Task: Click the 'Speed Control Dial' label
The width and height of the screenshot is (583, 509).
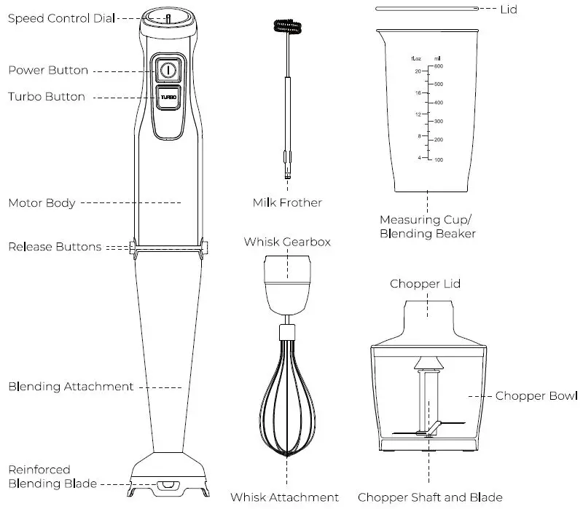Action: pyautogui.click(x=61, y=18)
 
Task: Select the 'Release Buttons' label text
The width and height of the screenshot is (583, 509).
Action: pyautogui.click(x=55, y=247)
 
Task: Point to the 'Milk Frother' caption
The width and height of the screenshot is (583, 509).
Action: pyautogui.click(x=286, y=202)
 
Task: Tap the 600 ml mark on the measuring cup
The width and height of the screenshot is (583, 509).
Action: pyautogui.click(x=439, y=66)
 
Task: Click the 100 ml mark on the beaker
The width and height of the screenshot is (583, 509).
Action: pyautogui.click(x=439, y=159)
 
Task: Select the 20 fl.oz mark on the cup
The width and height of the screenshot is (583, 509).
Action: pyautogui.click(x=418, y=71)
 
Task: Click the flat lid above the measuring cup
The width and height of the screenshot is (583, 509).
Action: pyautogui.click(x=427, y=9)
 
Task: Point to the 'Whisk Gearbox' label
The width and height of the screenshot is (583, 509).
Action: pyautogui.click(x=287, y=242)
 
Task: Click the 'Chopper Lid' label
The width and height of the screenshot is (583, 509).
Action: pyautogui.click(x=425, y=283)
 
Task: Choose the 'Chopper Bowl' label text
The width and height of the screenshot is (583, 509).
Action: pyautogui.click(x=536, y=396)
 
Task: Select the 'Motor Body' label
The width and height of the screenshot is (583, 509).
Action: pyautogui.click(x=42, y=203)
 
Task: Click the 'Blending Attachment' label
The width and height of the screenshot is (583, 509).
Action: pyautogui.click(x=71, y=387)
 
